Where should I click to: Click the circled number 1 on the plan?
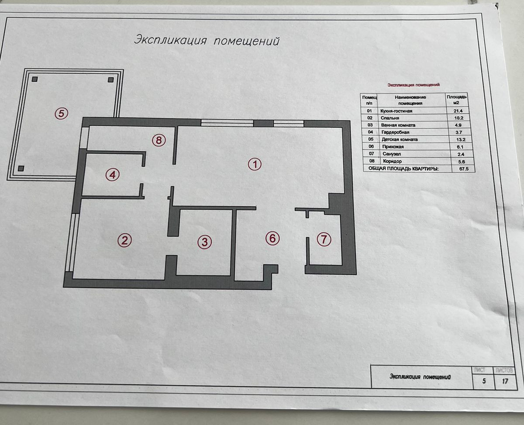click(254, 164)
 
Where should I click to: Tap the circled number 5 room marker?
click(61, 114)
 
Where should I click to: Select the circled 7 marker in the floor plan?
click(324, 239)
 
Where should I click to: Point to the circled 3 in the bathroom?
click(204, 242)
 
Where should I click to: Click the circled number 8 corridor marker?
click(159, 140)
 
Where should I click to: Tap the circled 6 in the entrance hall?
click(272, 238)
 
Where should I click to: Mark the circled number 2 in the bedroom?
click(124, 240)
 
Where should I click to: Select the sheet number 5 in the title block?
click(483, 381)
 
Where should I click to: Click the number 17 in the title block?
click(505, 381)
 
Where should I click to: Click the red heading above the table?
click(414, 85)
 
